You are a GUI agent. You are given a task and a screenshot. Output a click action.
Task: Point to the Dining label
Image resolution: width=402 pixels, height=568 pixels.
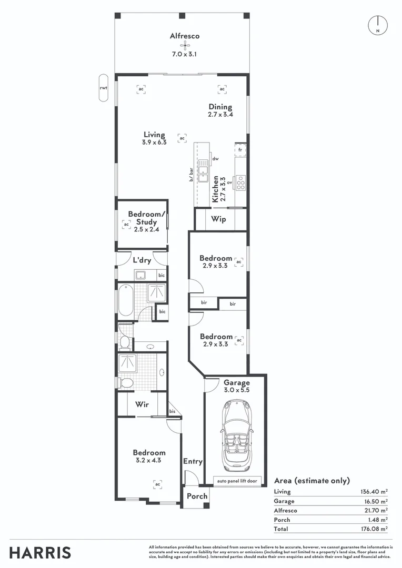pos(219,107)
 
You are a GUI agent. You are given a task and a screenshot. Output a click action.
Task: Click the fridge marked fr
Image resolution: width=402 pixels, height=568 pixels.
pos(240,150)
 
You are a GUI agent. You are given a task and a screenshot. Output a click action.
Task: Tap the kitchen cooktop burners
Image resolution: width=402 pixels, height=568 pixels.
pos(241,182)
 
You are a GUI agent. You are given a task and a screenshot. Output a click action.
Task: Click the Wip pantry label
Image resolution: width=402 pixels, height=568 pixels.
pos(218,219)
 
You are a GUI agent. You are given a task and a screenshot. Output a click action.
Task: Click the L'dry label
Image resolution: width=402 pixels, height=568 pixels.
pos(142,260)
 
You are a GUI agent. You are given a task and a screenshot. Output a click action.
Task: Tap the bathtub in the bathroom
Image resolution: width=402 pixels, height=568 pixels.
pos(126,300)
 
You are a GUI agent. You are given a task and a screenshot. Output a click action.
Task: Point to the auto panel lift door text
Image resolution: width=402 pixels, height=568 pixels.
pos(235,481)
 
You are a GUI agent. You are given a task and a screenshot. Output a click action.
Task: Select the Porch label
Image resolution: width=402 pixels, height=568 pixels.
pos(197,496)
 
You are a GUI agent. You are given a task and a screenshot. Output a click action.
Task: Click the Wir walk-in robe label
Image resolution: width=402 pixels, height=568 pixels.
pos(141,404)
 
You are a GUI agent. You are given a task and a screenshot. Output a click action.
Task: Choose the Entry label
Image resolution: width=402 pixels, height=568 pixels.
pos(193,461)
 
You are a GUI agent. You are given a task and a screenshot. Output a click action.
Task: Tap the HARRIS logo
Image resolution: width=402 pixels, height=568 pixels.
pos(41,553)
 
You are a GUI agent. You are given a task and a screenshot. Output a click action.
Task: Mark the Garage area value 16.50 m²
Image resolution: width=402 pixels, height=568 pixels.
pos(375,501)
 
